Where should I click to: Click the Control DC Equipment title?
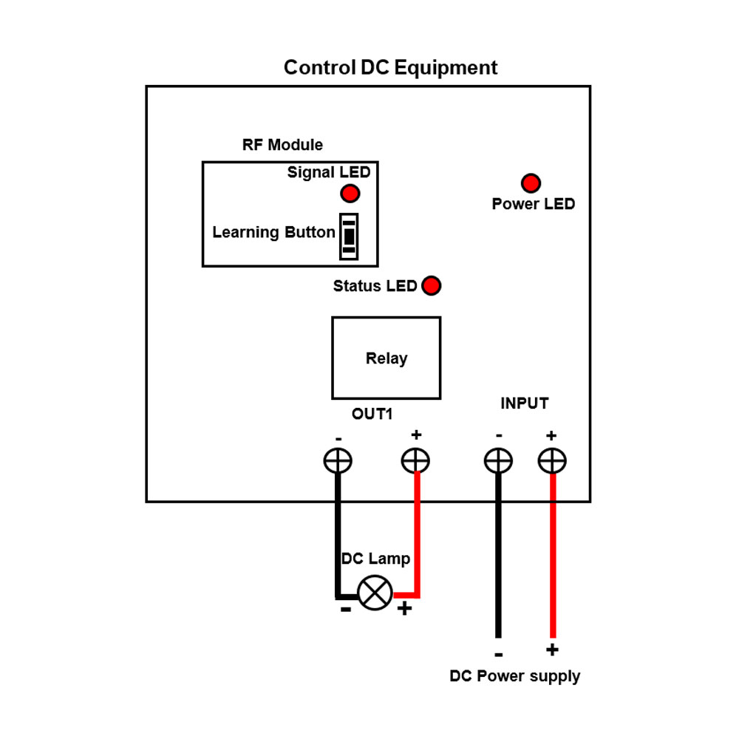click(390, 68)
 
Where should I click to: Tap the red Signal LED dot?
click(350, 194)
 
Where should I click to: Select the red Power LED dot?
click(531, 183)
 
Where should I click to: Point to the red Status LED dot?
click(431, 285)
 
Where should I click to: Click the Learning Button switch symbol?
click(349, 236)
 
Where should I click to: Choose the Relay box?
click(386, 358)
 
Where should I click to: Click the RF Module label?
click(282, 145)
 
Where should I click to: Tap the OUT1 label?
click(372, 414)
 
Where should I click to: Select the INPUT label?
click(525, 403)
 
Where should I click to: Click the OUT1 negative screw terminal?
click(338, 461)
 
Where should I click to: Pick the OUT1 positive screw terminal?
click(415, 461)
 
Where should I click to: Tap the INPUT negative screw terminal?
click(498, 461)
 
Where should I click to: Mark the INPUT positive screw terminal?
click(552, 461)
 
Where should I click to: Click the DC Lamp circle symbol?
click(375, 593)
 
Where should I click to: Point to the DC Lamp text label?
click(375, 559)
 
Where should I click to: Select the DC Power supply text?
click(515, 676)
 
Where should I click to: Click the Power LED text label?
click(533, 204)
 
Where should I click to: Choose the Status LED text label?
click(375, 286)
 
